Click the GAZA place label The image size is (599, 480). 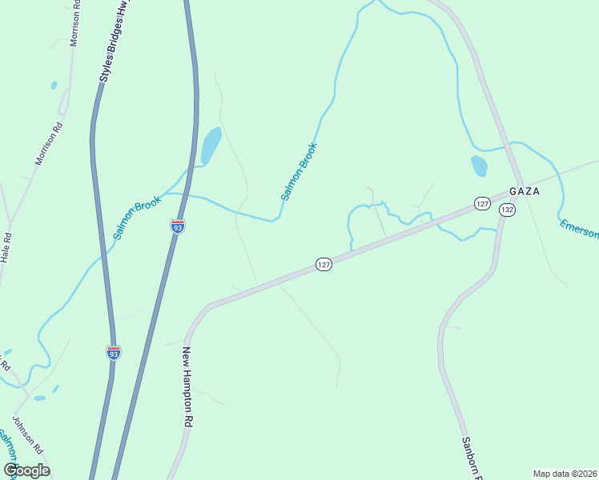pos(524,192)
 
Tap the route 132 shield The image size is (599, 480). pos(506,210)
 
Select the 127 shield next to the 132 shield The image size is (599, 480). pos(481,204)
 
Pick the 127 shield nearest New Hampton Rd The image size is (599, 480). pos(323,264)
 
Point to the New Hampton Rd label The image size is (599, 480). pos(187,386)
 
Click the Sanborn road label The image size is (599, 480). pos(471,457)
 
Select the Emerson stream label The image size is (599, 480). pos(578,227)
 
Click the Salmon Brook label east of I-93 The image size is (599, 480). pos(299,171)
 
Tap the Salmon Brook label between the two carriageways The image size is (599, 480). pos(138,217)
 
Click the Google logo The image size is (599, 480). pos(27,470)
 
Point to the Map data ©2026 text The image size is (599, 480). pos(565,474)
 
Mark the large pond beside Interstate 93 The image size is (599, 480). pos(211,145)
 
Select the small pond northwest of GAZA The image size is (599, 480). pos(479,166)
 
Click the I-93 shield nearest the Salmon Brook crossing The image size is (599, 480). pos(178,226)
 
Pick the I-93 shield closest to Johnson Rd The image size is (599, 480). pos(114,352)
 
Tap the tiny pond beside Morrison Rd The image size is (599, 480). pos(54,85)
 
